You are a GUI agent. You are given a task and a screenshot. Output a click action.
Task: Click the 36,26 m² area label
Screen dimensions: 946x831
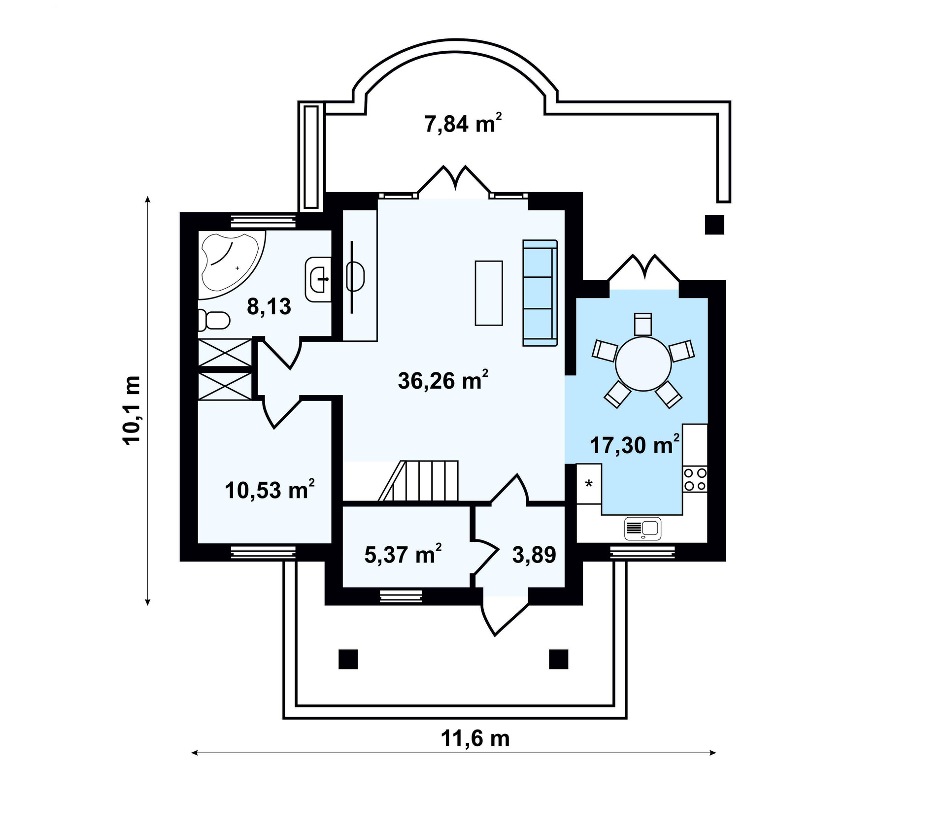click(x=442, y=380)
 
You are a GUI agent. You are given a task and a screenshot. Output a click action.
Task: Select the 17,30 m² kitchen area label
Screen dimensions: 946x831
click(x=635, y=445)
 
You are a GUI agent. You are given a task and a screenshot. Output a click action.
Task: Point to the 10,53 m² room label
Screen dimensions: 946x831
click(x=269, y=490)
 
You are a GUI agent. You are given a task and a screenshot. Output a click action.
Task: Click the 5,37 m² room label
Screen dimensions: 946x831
click(x=402, y=555)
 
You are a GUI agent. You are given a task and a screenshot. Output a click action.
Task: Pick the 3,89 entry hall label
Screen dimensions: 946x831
click(x=534, y=555)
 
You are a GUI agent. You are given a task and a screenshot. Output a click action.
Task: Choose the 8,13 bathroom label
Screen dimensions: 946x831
click(x=269, y=306)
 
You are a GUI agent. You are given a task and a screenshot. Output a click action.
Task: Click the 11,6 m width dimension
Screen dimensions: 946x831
click(x=475, y=739)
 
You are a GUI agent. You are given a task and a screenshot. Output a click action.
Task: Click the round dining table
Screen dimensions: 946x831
click(x=643, y=364)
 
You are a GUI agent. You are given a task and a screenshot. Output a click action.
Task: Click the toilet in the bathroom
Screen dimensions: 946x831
click(x=213, y=321)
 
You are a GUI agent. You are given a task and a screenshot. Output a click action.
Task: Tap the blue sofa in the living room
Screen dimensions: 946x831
click(x=540, y=293)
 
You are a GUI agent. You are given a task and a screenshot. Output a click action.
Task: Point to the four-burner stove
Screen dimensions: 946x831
click(x=695, y=479)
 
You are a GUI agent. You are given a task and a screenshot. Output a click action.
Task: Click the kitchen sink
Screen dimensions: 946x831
click(x=642, y=529)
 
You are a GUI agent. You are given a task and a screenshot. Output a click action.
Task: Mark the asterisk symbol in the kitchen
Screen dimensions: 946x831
click(x=589, y=484)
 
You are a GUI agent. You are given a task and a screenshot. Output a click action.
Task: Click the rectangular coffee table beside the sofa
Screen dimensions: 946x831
click(x=489, y=293)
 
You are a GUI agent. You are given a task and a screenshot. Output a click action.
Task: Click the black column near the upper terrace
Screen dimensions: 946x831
click(x=714, y=225)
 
